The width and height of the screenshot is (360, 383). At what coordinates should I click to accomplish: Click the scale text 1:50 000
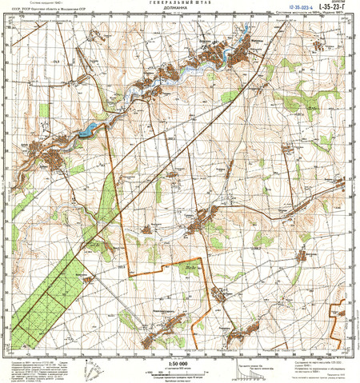pyautogui.click(x=180, y=364)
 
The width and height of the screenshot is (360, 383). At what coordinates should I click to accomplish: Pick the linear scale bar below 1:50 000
pyautogui.click(x=180, y=372)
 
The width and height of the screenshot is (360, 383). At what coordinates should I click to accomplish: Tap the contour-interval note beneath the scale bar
pyautogui.click(x=180, y=378)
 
